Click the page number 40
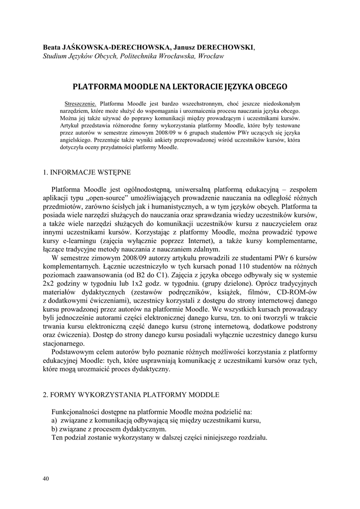coord(46,478)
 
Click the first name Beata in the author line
coord(51,47)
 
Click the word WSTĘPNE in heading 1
coord(115,172)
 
